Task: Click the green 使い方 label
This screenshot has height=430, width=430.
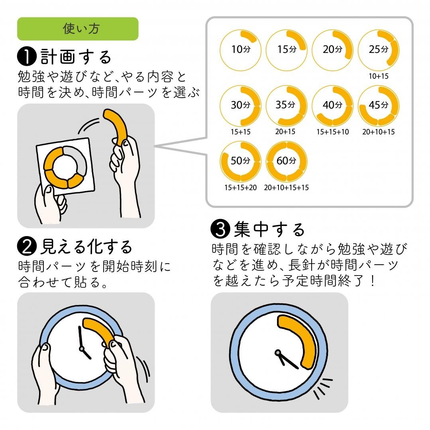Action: (78, 29)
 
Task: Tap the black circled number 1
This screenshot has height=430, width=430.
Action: (27, 57)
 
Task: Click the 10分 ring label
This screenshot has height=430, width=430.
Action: (240, 50)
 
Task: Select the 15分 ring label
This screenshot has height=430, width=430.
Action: (287, 50)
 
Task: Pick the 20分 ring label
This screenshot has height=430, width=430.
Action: (332, 50)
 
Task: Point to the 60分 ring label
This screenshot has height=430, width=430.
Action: (287, 161)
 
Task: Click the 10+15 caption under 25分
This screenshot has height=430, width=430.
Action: (378, 76)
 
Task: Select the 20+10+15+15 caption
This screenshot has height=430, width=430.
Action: (286, 187)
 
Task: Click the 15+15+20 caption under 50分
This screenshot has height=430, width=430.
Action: (240, 187)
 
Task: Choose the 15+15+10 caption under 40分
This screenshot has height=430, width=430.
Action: (332, 132)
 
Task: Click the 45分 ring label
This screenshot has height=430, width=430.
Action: (378, 105)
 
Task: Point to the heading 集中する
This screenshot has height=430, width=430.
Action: (269, 229)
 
